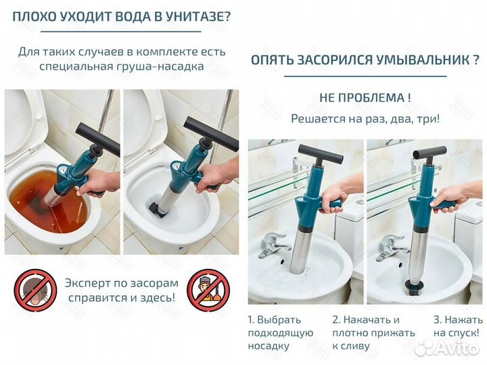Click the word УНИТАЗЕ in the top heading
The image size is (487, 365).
point(189,14)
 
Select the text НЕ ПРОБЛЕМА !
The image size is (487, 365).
point(365,97)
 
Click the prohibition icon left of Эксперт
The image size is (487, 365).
point(35,291)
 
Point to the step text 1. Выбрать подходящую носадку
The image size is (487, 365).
point(280,333)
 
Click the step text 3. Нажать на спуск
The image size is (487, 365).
point(457,326)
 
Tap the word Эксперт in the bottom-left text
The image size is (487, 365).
point(93,283)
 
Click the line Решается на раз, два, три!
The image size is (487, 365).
point(365,119)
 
